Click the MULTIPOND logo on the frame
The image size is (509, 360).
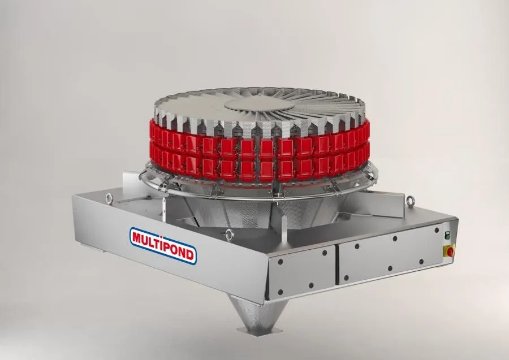pos(163,246)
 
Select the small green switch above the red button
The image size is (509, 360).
pos(447,235)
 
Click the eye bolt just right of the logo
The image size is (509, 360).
pos(230,234)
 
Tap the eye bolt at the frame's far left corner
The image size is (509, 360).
pos(109,198)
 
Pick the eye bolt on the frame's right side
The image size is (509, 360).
pos(411,202)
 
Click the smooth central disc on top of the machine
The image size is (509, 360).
pos(260,105)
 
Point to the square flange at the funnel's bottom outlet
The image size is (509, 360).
pos(255,331)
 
